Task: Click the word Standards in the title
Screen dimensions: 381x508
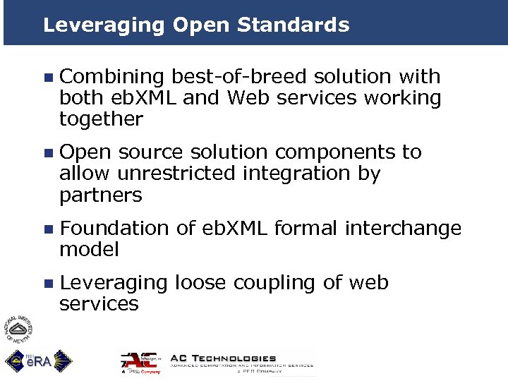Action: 293,25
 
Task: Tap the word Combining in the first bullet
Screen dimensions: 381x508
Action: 112,77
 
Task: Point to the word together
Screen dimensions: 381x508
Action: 101,119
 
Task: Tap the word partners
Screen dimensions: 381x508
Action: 101,195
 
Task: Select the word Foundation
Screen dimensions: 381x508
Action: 114,229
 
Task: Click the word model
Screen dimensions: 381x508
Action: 89,249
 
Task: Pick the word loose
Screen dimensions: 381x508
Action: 200,283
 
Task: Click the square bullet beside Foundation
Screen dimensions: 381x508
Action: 47,229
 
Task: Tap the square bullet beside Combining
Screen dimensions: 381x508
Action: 47,78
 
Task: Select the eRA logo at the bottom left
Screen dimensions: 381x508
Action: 39,361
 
